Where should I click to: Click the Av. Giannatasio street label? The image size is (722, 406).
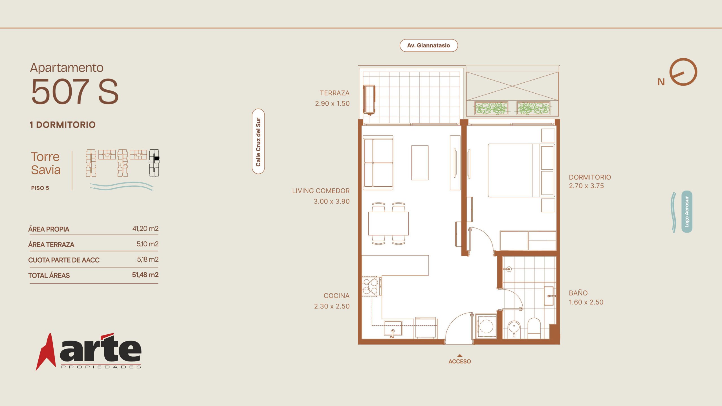[428, 45]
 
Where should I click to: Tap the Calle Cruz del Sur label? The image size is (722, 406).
[258, 141]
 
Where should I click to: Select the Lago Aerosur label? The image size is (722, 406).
[687, 211]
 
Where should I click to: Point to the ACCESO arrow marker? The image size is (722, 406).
[460, 356]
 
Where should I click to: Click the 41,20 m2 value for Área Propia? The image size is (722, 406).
[145, 228]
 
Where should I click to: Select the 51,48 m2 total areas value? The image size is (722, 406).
[145, 275]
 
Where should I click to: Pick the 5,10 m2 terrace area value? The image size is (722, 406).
[148, 244]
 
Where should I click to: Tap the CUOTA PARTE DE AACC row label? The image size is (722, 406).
[64, 260]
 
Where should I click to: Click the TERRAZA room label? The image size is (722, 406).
[334, 93]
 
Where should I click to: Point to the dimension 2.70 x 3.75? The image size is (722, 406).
[586, 186]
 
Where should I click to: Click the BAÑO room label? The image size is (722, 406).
[578, 293]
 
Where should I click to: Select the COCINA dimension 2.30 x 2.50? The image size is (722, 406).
[332, 306]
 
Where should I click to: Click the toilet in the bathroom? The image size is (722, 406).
[534, 328]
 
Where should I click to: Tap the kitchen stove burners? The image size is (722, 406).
[370, 286]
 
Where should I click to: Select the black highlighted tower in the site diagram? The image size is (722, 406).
[154, 163]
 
